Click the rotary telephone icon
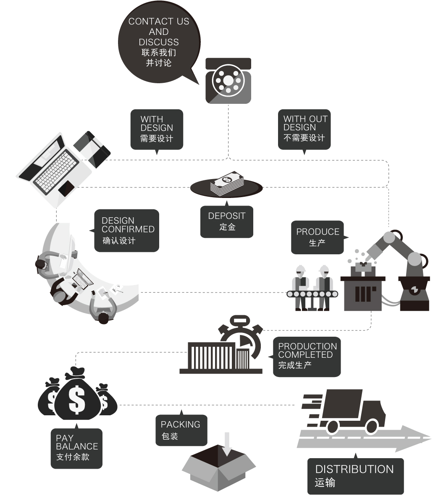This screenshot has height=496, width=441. pyautogui.click(x=228, y=81)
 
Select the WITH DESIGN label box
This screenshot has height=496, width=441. pyautogui.click(x=157, y=129)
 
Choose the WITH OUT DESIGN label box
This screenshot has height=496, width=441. pyautogui.click(x=304, y=129)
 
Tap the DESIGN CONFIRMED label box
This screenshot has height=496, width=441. pyautogui.click(x=127, y=230)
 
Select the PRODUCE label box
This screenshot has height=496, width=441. pyautogui.click(x=317, y=237)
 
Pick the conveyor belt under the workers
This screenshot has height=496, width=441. pyautogui.click(x=312, y=294)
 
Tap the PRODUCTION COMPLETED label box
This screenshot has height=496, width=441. pyautogui.click(x=307, y=356)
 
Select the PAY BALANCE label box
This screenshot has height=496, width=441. pyautogui.click(x=76, y=448)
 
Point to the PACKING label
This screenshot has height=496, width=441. pyautogui.click(x=181, y=430)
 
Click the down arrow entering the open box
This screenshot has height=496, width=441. pyautogui.click(x=227, y=443)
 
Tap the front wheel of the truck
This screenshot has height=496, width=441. pyautogui.click(x=372, y=427)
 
